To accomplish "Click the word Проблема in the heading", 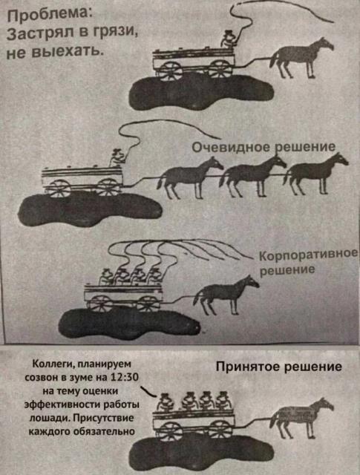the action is [x=48, y=15].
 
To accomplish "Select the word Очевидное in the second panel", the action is [x=231, y=147].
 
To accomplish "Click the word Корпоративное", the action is [x=309, y=255].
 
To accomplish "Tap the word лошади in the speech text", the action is [x=47, y=419].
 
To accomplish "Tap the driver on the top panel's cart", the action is [x=229, y=39].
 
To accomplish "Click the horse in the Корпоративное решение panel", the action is [x=226, y=295].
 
